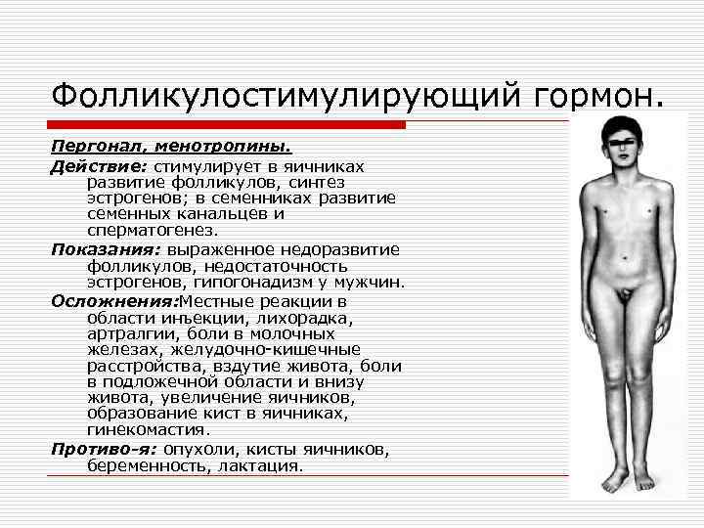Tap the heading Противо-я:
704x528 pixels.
click(x=104, y=450)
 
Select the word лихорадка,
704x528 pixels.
click(x=307, y=317)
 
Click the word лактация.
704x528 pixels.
click(x=270, y=466)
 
